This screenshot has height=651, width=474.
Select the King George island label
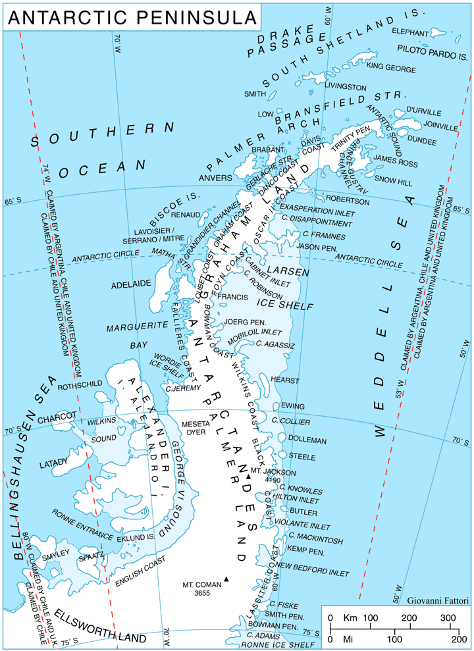pos(391,68)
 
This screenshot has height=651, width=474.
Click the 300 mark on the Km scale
pos(448,618)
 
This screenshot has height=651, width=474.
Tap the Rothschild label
pos(80,386)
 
